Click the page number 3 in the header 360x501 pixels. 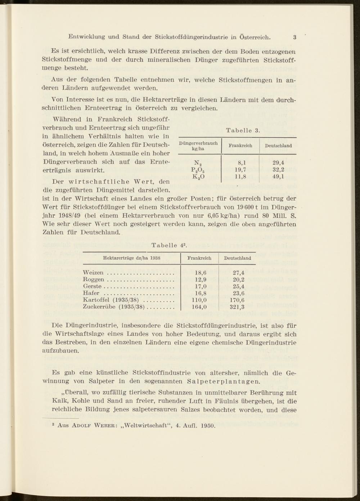(x=294, y=37)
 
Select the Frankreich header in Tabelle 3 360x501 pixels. (x=240, y=146)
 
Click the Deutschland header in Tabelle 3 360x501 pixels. (x=278, y=146)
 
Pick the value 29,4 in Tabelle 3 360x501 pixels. (x=278, y=163)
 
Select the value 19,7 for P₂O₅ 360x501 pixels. (x=240, y=170)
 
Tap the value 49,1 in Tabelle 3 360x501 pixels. (x=278, y=177)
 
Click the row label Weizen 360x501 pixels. (x=93, y=273)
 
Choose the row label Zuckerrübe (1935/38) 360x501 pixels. (x=114, y=307)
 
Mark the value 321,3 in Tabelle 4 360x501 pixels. (x=237, y=307)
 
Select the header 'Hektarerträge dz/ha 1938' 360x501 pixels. (x=131, y=258)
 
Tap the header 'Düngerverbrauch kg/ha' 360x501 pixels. (x=198, y=146)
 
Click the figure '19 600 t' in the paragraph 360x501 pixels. (x=246, y=208)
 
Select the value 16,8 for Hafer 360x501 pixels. (x=200, y=293)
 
